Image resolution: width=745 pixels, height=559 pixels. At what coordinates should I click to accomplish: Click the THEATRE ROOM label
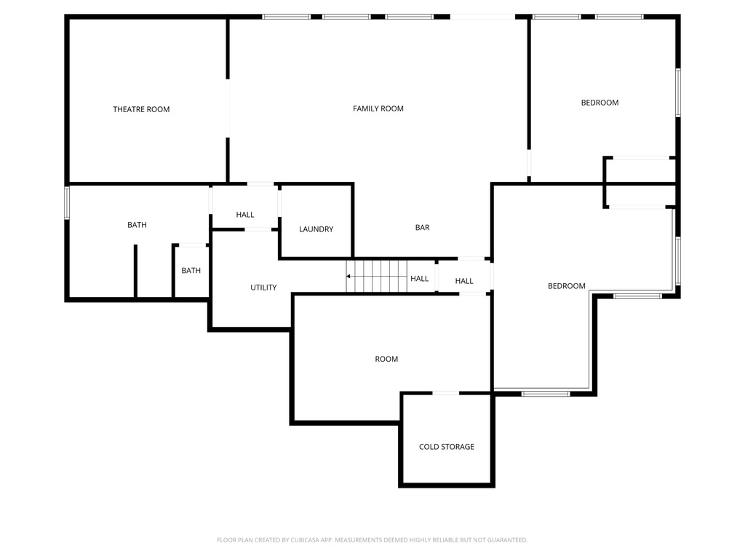[x=141, y=109]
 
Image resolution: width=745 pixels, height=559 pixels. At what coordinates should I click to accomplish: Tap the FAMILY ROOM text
[x=378, y=108]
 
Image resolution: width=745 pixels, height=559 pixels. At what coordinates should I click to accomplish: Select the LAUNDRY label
[x=316, y=229]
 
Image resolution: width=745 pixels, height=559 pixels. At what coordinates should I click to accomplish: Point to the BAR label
[x=422, y=228]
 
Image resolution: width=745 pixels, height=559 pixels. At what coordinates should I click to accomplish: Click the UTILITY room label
[x=263, y=288]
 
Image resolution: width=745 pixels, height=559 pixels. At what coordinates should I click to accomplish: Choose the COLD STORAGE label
[x=447, y=447]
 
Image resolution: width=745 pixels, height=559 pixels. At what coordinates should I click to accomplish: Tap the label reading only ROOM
[x=386, y=359]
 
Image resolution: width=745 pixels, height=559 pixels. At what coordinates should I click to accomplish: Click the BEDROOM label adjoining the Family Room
[x=599, y=103]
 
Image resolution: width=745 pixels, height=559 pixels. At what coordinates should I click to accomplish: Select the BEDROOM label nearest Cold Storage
[x=566, y=286]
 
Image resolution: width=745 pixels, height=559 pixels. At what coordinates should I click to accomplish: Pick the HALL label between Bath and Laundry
[x=245, y=215]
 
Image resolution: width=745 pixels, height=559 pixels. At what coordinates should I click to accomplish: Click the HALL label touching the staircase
[x=420, y=279]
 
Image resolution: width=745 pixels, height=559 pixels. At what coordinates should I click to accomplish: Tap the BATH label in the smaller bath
[x=191, y=271]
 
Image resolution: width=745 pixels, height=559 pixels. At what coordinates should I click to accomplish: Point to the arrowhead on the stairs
[x=349, y=277]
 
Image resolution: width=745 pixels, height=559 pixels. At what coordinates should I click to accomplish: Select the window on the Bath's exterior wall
[x=67, y=203]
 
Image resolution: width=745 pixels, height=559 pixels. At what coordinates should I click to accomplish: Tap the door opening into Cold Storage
[x=446, y=393]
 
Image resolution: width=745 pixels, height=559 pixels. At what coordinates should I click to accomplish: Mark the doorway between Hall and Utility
[x=258, y=229]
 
